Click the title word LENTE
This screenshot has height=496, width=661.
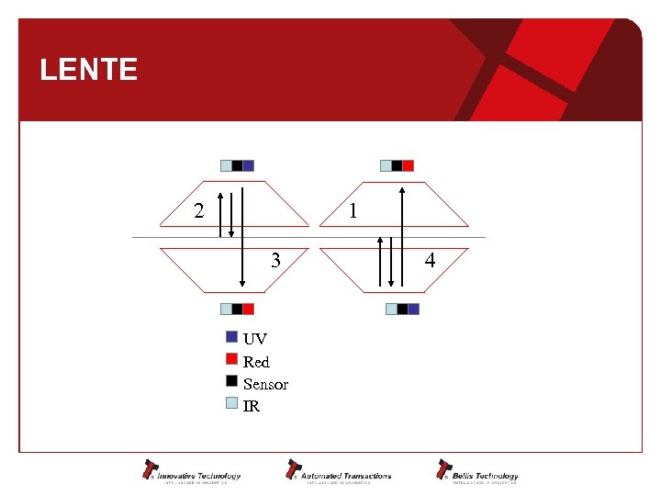89,70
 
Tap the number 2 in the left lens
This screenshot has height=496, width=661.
198,211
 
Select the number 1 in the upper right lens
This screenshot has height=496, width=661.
353,211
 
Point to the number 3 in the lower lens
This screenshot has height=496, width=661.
275,261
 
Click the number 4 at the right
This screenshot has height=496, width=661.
430,261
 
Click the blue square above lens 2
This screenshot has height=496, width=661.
248,166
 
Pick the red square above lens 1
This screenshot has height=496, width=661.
409,166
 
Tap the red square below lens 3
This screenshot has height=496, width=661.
248,309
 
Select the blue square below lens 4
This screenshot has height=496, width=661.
413,309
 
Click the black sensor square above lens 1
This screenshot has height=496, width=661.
397,166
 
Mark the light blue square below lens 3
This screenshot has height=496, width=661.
226,309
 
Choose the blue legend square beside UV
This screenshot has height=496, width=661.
231,336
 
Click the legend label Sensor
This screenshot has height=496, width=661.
265,384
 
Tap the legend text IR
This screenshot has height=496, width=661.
251,406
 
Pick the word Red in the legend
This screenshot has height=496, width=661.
256,362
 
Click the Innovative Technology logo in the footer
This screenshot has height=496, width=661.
191,470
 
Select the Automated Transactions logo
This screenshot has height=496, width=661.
339,470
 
